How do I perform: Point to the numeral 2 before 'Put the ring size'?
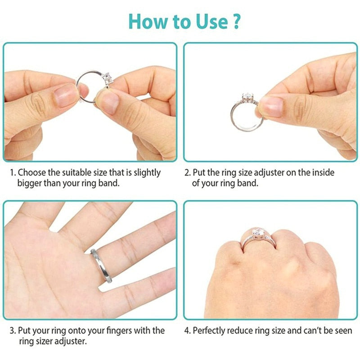(187, 173)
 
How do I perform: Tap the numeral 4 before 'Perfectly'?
(187, 331)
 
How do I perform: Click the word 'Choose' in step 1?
(31, 173)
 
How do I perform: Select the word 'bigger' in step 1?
(30, 183)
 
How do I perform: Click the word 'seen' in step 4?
(343, 331)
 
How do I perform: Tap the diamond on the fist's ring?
(258, 233)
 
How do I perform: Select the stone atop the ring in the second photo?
(247, 98)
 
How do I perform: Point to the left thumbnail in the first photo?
(65, 94)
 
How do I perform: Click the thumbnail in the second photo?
(270, 106)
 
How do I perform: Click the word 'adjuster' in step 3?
(67, 341)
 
